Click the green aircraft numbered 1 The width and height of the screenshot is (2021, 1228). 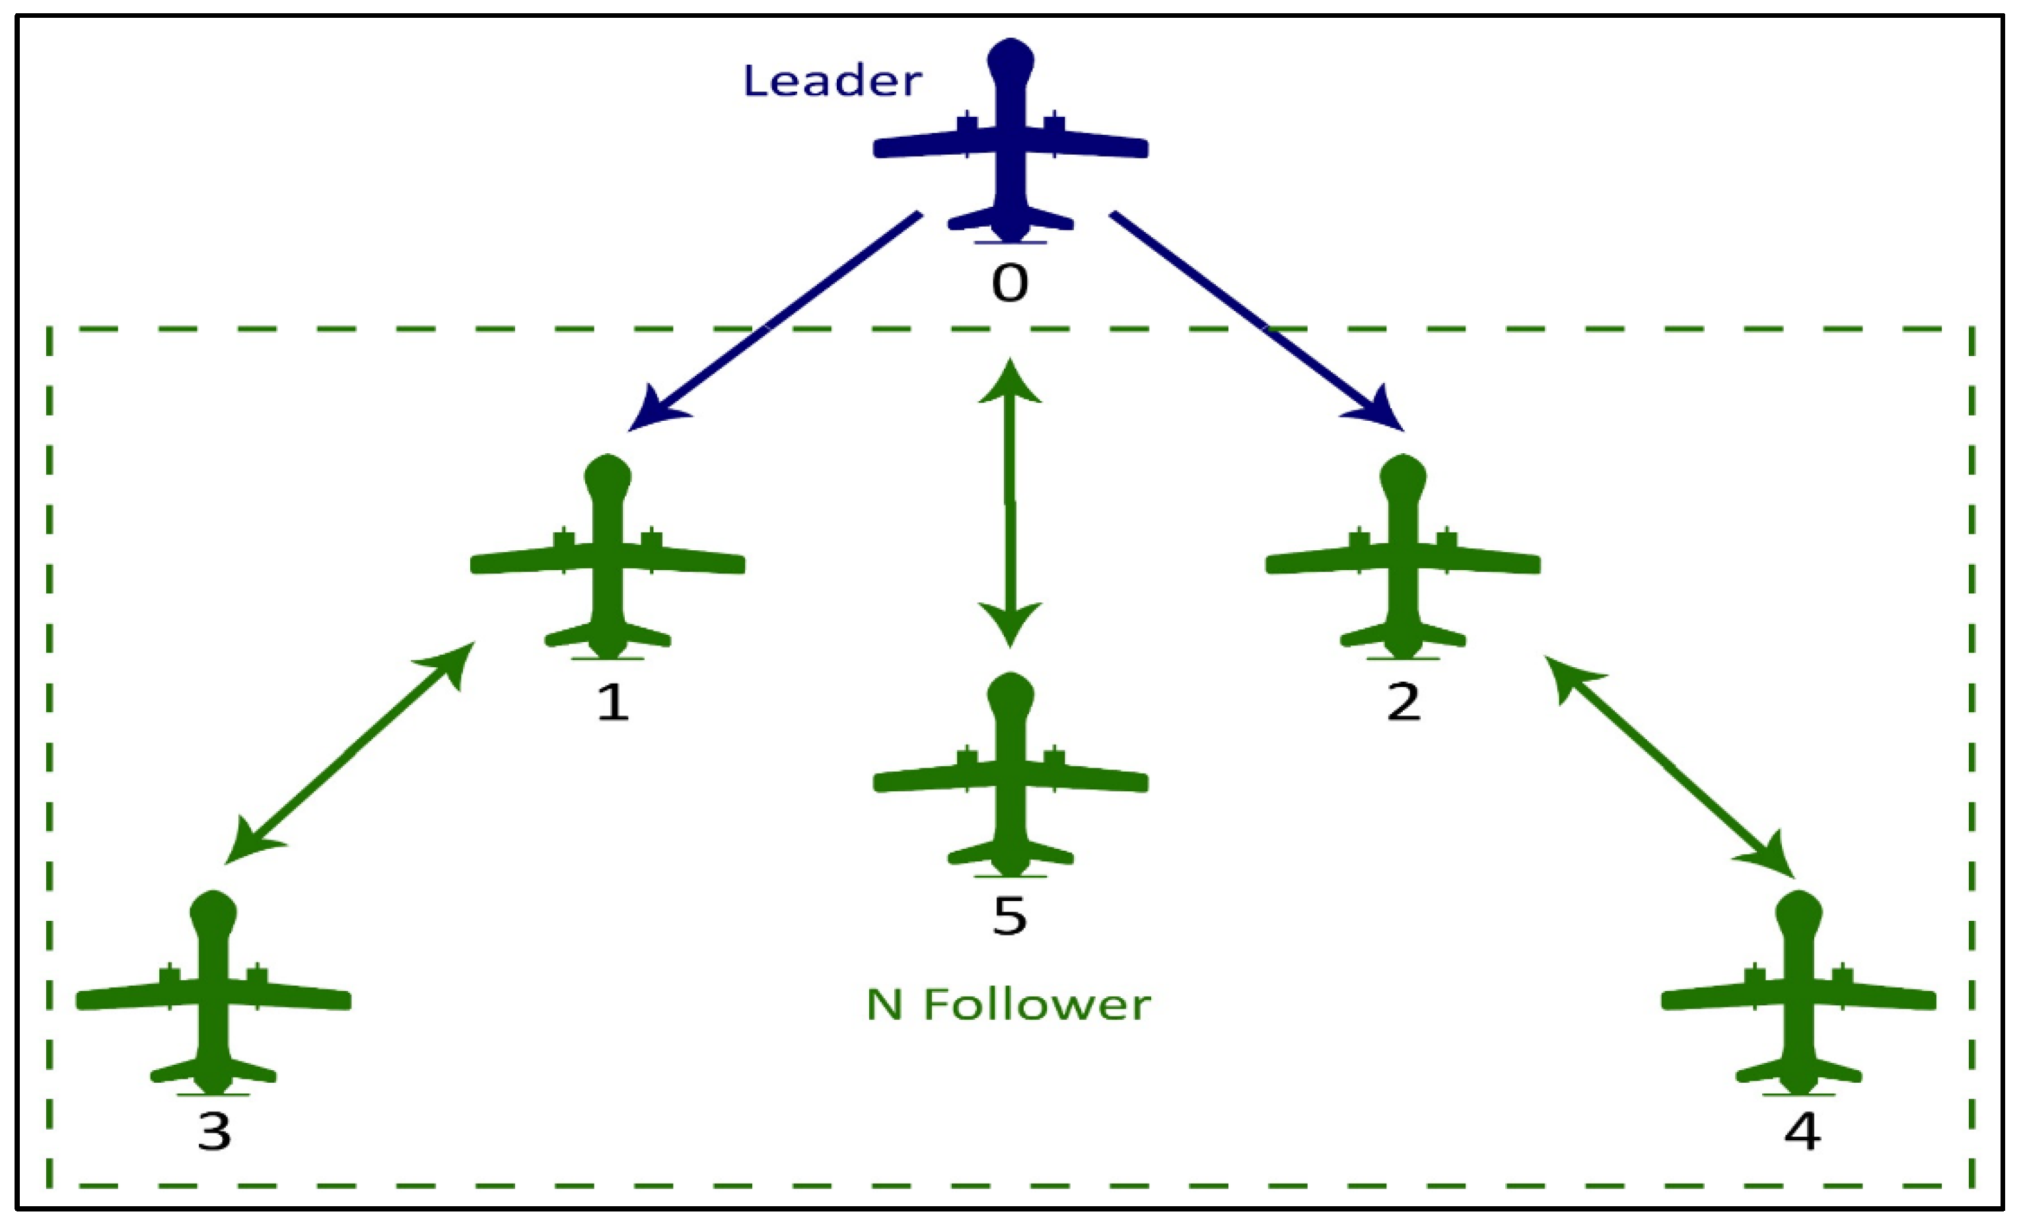pyautogui.click(x=608, y=562)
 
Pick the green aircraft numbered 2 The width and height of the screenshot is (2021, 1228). pyautogui.click(x=1403, y=562)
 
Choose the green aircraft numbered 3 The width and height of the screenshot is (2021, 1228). pyautogui.click(x=213, y=997)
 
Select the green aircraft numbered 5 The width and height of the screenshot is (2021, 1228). pyautogui.click(x=1010, y=779)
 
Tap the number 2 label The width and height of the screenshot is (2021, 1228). pyautogui.click(x=1403, y=702)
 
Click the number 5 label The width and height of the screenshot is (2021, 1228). pyautogui.click(x=1010, y=916)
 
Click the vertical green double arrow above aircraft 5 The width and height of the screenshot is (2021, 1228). pyautogui.click(x=1010, y=502)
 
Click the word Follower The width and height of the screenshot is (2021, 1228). pyautogui.click(x=1037, y=1005)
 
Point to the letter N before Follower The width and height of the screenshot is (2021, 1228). pyautogui.click(x=885, y=1005)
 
